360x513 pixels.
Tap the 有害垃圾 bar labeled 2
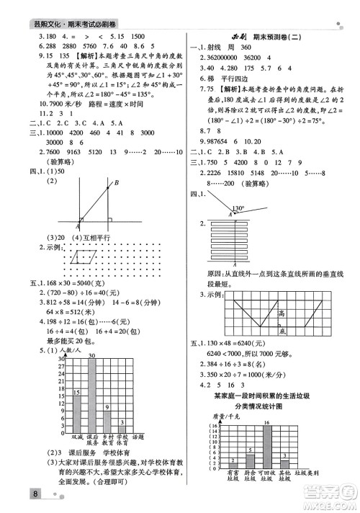tap(233, 465)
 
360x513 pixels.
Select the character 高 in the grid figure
tap(282, 313)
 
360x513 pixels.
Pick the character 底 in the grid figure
tap(283, 331)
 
